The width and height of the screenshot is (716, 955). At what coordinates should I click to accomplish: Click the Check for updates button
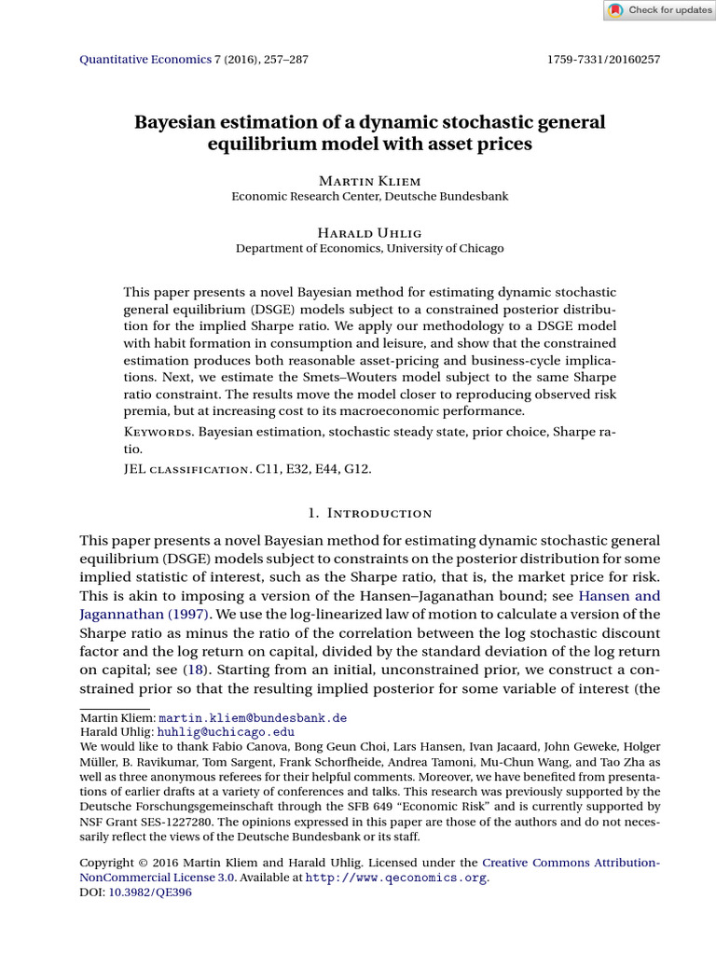point(659,10)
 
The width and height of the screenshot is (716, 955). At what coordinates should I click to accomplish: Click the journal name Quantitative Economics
point(133,60)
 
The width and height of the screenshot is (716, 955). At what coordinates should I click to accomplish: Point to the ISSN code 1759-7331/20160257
point(603,60)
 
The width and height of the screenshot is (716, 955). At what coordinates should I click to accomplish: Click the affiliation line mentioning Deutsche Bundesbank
point(370,196)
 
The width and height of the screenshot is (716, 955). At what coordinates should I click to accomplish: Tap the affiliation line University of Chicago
point(370,248)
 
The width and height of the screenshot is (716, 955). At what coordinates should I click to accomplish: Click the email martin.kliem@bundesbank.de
point(253,718)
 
